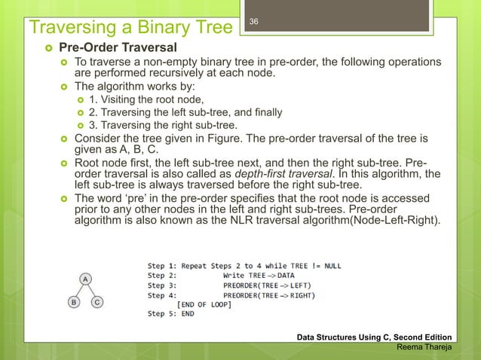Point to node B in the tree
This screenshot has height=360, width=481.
point(73,303)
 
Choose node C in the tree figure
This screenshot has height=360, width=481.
point(97,303)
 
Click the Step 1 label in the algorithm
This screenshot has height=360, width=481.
point(164,265)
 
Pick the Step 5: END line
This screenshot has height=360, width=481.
point(170,314)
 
